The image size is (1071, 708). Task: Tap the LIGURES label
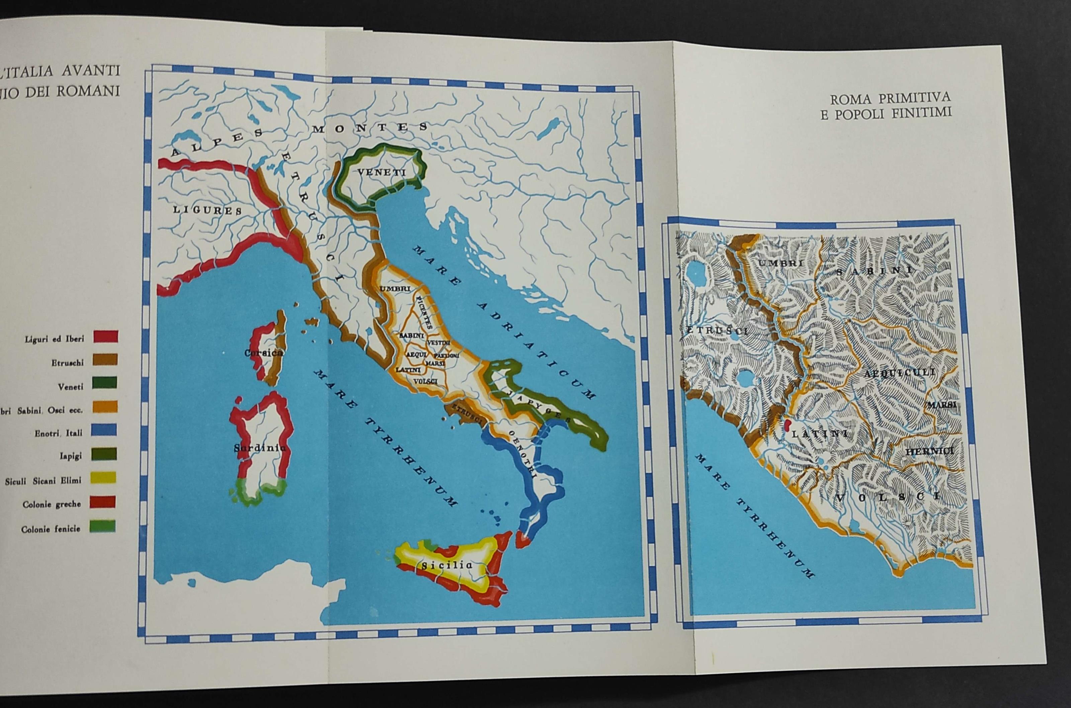tap(207, 210)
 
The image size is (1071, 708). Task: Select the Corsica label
tap(264, 353)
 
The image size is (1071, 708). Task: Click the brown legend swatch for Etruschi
tap(105, 360)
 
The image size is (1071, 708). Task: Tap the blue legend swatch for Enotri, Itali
tap(104, 430)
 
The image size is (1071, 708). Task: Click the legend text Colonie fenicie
tap(51, 529)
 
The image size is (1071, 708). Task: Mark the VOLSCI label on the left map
tap(425, 381)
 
